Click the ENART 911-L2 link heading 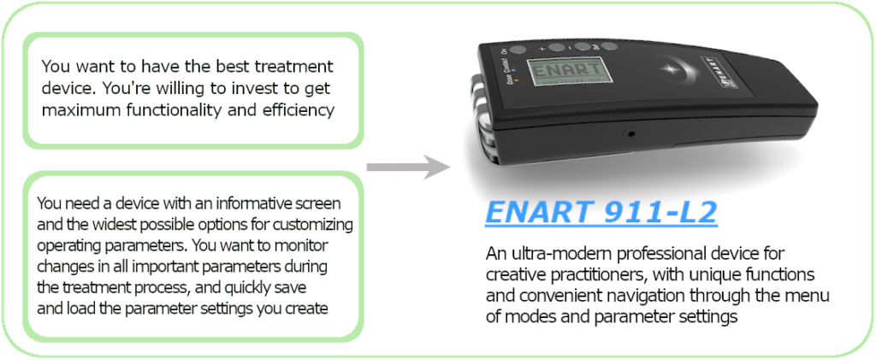click(601, 212)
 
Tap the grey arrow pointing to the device click(408, 167)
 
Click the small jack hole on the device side click(631, 133)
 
